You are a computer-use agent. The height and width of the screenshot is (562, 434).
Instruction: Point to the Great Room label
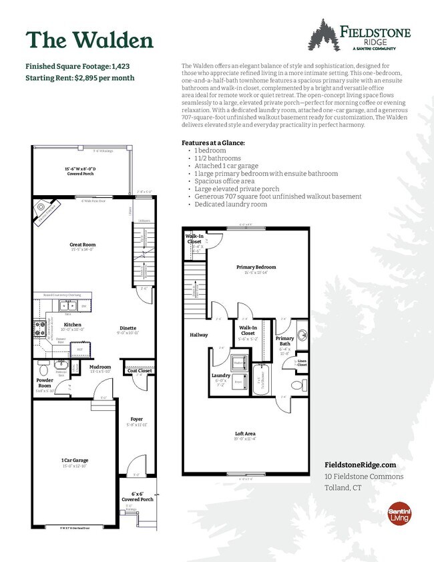[x=83, y=245]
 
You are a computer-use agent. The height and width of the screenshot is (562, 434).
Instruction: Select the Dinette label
[x=128, y=328]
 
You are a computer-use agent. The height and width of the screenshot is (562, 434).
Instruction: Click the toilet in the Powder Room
[x=43, y=368]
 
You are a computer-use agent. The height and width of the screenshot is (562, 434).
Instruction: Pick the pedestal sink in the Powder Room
[x=62, y=372]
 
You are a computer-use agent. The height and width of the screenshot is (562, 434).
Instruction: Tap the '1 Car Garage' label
[x=75, y=460]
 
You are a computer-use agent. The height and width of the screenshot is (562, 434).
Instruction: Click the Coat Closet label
[x=140, y=370]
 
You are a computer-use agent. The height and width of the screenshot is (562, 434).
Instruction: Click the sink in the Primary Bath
[x=301, y=334]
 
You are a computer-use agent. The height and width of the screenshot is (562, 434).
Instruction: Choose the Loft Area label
[x=245, y=434]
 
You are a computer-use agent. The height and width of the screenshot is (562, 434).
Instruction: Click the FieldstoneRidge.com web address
[x=360, y=464]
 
